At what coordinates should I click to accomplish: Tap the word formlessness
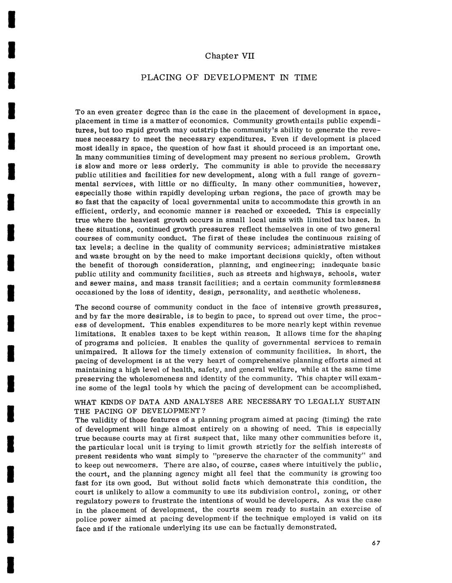tap(355, 283)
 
